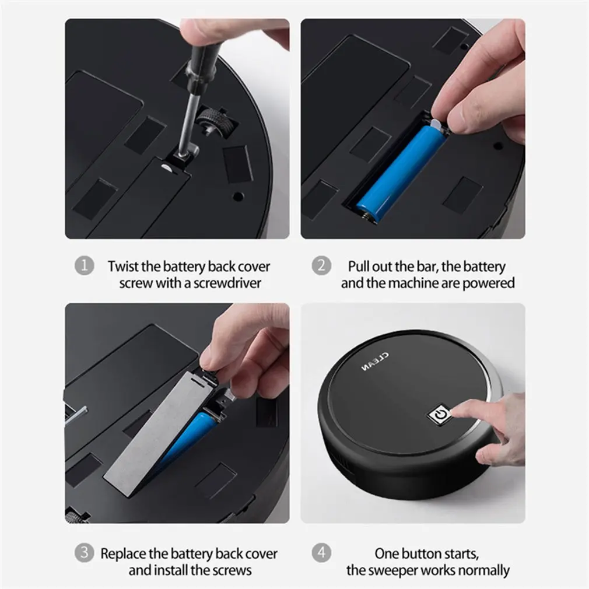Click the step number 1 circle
(x=84, y=265)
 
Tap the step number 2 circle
(x=321, y=265)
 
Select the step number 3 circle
(x=84, y=553)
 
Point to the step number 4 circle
(x=321, y=553)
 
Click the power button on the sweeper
(x=440, y=414)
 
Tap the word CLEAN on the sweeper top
(x=375, y=362)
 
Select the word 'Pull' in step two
(x=357, y=267)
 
